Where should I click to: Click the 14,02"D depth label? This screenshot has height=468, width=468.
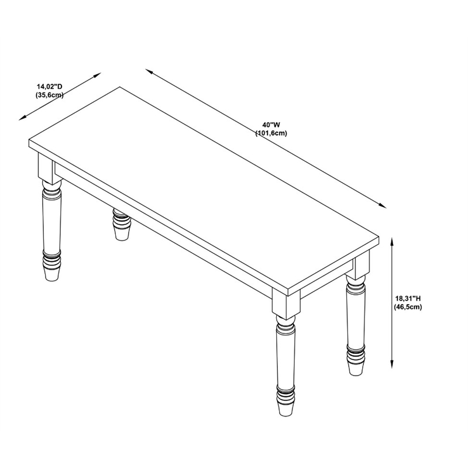(50, 87)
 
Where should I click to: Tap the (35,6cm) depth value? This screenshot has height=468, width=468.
(50, 95)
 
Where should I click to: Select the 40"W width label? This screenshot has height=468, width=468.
(271, 125)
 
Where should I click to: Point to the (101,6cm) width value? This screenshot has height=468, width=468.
(271, 133)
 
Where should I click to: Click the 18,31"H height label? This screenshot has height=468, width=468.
(408, 298)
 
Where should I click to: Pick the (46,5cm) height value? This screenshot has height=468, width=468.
(408, 307)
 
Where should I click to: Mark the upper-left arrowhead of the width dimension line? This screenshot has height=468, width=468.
(149, 71)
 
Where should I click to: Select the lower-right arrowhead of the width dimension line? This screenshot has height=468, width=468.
(383, 205)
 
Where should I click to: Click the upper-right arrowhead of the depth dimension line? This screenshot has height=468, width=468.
(98, 75)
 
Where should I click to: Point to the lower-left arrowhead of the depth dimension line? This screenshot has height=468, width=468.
(23, 118)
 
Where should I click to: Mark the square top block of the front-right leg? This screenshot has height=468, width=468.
(286, 302)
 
